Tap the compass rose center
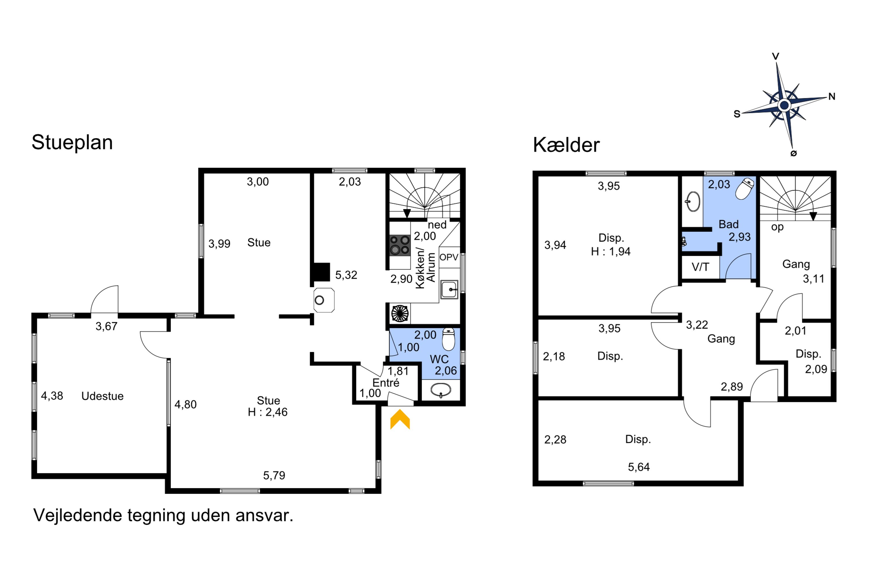click(784, 106)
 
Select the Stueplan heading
click(72, 143)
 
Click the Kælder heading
click(566, 145)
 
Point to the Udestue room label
click(102, 396)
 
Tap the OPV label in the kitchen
click(449, 257)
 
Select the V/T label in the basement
click(700, 267)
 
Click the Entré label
click(386, 383)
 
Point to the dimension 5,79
click(274, 475)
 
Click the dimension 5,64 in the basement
click(639, 467)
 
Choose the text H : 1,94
click(611, 251)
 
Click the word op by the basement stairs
click(777, 227)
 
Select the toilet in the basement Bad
click(745, 189)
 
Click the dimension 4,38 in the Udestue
click(52, 396)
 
